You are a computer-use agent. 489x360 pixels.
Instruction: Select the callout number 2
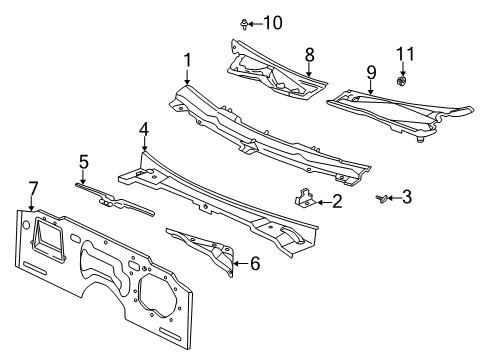pos(337,202)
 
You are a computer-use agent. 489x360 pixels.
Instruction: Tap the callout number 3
pos(408,198)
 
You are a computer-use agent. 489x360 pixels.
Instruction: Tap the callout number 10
pos(272,22)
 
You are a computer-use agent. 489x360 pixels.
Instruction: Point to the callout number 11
pos(404,52)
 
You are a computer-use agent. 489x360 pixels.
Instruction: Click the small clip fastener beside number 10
pos(245,22)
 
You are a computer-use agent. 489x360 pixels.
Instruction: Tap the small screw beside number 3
pos(382,199)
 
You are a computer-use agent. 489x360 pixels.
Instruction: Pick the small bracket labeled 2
pos(303,201)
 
